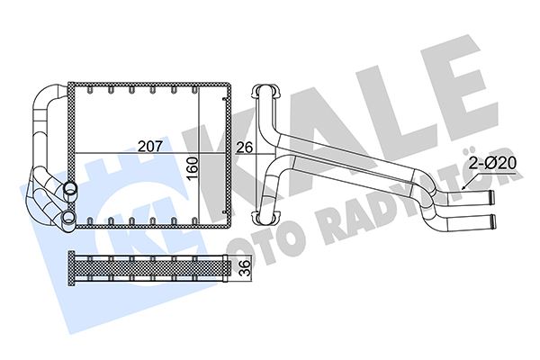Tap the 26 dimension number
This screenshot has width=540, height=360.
244,146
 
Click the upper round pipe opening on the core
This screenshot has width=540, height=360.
68,191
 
